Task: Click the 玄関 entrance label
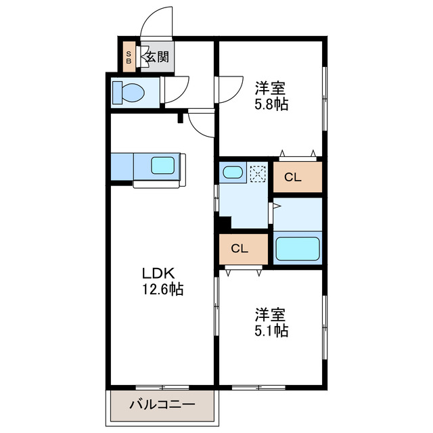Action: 158,58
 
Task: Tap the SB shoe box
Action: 129,57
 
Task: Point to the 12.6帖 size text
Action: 162,290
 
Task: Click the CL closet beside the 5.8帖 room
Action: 292,178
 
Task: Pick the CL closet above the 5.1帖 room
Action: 240,248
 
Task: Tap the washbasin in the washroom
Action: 232,172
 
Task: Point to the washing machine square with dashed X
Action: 257,174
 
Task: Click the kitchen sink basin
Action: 162,166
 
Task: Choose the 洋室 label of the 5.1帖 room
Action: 270,315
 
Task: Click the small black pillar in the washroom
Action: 224,222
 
